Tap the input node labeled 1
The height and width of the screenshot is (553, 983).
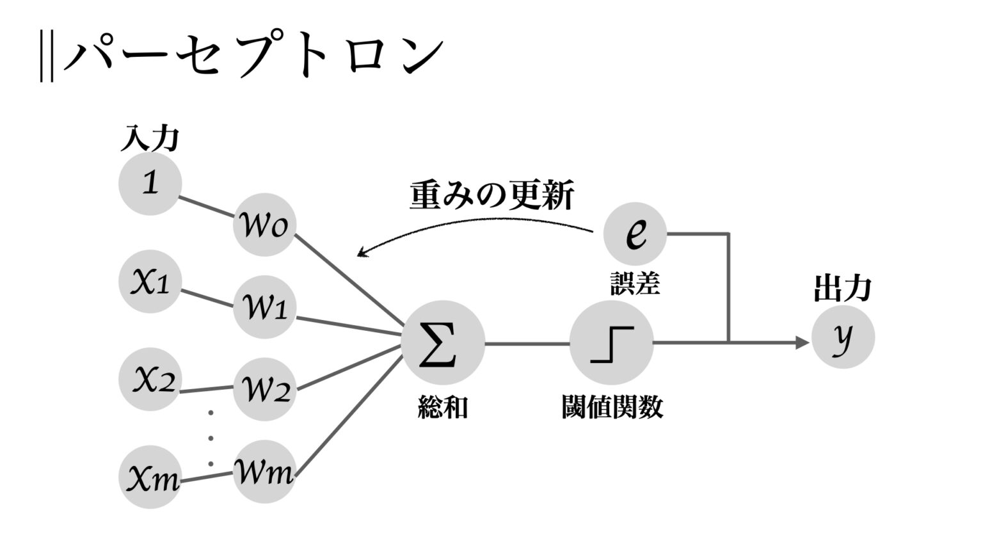(x=150, y=184)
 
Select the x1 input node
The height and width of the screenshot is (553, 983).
(x=150, y=282)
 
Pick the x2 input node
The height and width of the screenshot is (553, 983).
(x=150, y=380)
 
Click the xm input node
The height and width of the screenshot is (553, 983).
(x=150, y=477)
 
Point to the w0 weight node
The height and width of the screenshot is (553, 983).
(x=264, y=225)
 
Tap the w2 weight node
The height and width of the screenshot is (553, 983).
(x=264, y=389)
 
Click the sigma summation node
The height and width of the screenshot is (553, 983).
(x=442, y=343)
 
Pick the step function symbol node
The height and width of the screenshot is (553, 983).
(x=611, y=343)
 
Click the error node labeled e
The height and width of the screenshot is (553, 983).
(x=635, y=233)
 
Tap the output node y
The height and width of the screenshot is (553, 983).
(x=843, y=337)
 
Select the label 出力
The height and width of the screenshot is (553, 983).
(x=842, y=289)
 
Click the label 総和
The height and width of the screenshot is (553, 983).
(x=443, y=407)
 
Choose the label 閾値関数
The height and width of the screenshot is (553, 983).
(x=612, y=407)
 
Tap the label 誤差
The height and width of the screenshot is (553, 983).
(x=635, y=283)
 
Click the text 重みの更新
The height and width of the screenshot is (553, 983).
(x=491, y=195)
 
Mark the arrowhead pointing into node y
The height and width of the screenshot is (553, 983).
(x=803, y=343)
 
